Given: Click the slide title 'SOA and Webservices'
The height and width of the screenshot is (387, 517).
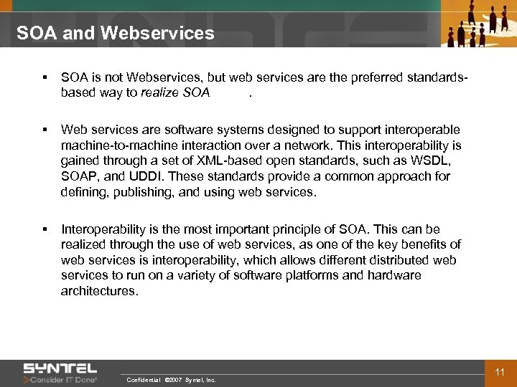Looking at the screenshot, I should pyautogui.click(x=115, y=33).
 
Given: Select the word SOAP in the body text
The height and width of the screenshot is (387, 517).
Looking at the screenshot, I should pyautogui.click(x=79, y=176).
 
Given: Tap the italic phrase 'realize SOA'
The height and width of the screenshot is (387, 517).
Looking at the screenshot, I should pyautogui.click(x=175, y=92).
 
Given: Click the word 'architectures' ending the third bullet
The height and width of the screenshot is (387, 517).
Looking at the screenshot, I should pyautogui.click(x=98, y=291).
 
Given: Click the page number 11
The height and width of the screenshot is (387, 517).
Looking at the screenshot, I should pyautogui.click(x=500, y=372).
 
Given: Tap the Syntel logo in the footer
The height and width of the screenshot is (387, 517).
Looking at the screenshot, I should pyautogui.click(x=60, y=368).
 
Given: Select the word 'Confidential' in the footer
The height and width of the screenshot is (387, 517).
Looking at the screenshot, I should pyautogui.click(x=143, y=380).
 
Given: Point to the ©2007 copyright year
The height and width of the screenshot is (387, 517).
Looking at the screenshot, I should pyautogui.click(x=173, y=380).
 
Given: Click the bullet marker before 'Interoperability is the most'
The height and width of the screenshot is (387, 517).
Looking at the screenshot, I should pyautogui.click(x=45, y=229).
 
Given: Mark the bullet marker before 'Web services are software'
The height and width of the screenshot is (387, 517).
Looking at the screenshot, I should pyautogui.click(x=45, y=130).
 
